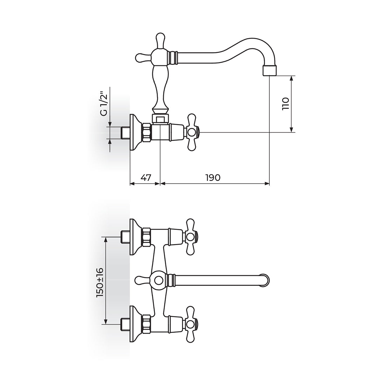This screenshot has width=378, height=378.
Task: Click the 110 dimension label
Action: coord(286,104)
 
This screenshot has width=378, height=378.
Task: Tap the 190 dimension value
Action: coord(213,178)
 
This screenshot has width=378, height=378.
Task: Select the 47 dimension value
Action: coord(146,178)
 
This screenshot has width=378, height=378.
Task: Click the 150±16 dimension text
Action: coord(100,282)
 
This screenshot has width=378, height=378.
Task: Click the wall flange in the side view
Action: coord(135,132)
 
